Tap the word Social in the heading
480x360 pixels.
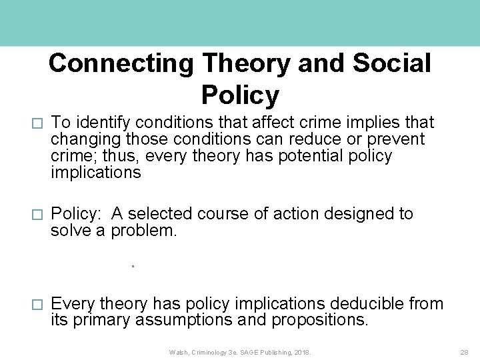pyautogui.click(x=392, y=63)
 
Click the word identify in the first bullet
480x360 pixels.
pyautogui.click(x=102, y=123)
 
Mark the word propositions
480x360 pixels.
pyautogui.click(x=319, y=321)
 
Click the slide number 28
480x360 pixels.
pyautogui.click(x=464, y=351)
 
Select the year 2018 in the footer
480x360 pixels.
pyautogui.click(x=300, y=351)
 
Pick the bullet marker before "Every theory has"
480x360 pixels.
pyautogui.click(x=37, y=305)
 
